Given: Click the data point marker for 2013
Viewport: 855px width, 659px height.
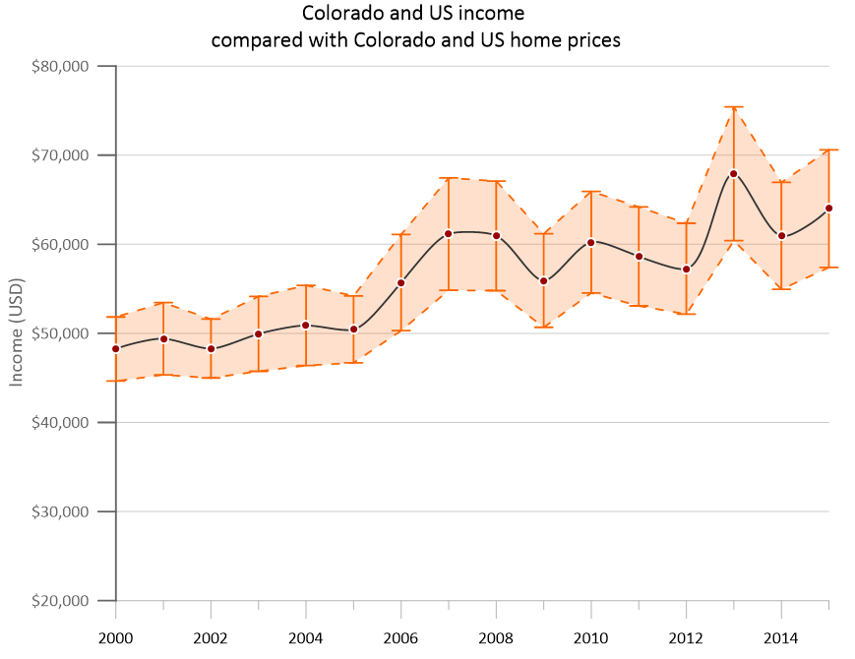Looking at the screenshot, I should pyautogui.click(x=733, y=173).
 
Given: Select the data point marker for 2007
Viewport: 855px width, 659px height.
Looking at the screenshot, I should pyautogui.click(x=448, y=233).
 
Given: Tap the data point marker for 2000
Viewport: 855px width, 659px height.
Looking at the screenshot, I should pyautogui.click(x=116, y=348).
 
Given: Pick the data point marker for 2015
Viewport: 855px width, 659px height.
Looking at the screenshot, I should pyautogui.click(x=828, y=208).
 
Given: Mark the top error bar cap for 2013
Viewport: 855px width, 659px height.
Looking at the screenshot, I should pyautogui.click(x=733, y=106).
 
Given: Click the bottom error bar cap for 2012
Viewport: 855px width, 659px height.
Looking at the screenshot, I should pyautogui.click(x=686, y=314).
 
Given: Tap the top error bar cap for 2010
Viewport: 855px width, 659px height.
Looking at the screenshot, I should pyautogui.click(x=590, y=192).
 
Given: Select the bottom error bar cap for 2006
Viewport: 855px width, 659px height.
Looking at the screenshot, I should pyautogui.click(x=400, y=330).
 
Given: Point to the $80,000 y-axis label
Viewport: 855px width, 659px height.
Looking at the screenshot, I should pyautogui.click(x=61, y=66).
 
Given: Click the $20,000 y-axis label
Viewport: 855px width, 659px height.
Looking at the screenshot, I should pyautogui.click(x=61, y=601).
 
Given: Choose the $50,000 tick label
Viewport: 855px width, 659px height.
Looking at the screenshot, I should pyautogui.click(x=61, y=333).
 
